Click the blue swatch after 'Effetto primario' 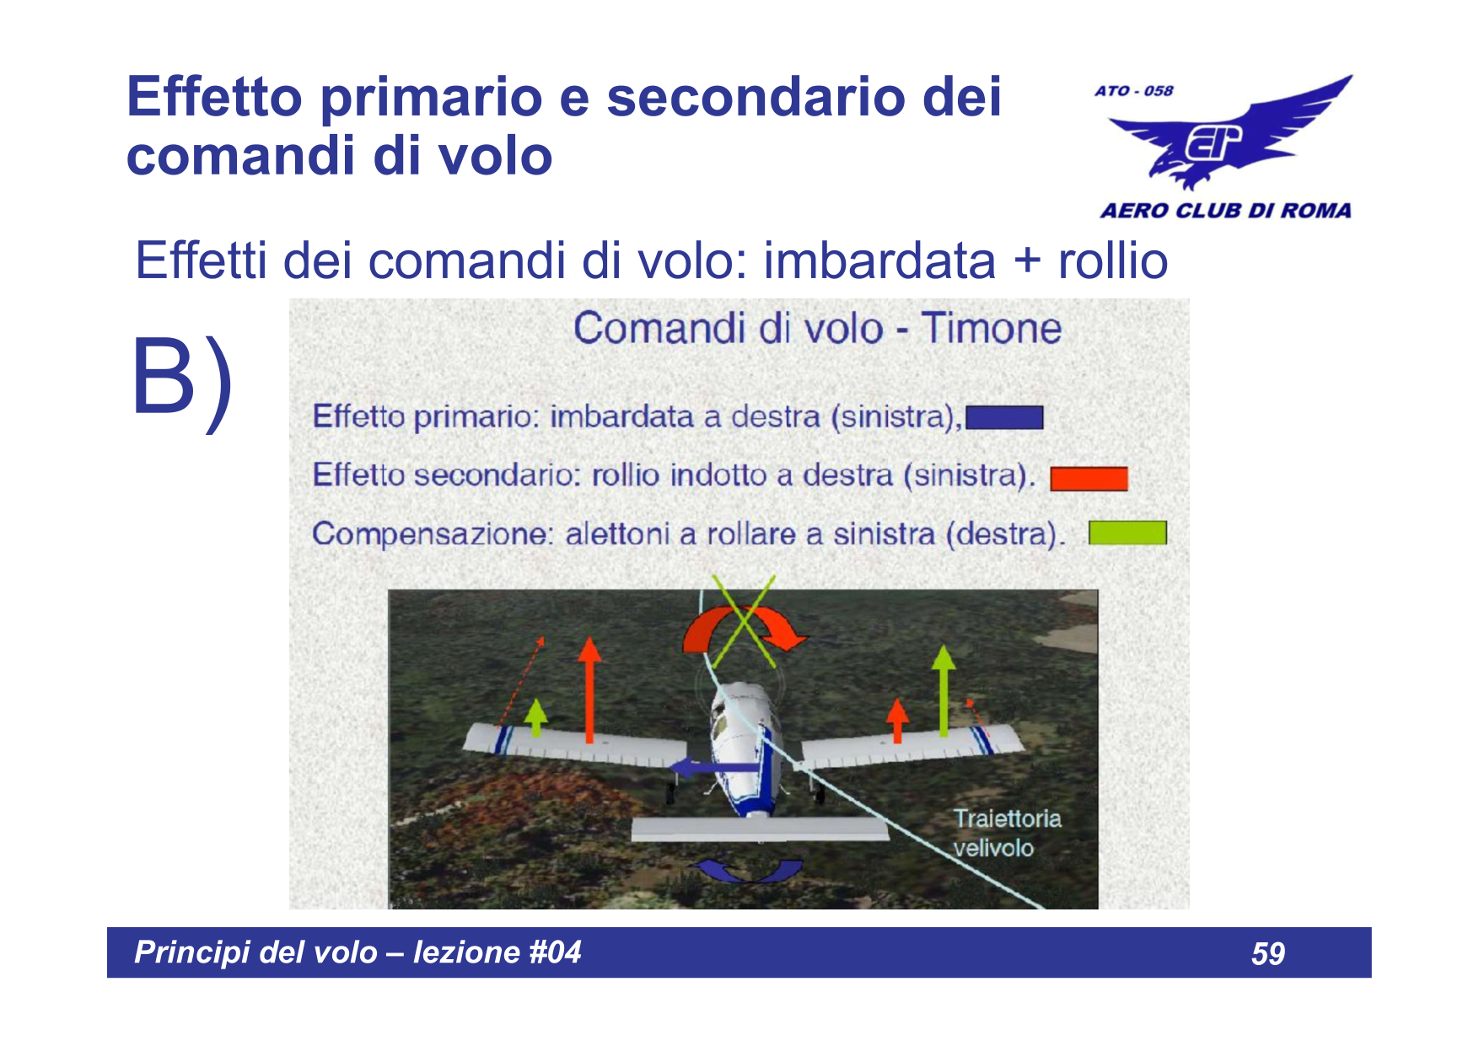point(1004,418)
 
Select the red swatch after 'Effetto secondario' point(1089,479)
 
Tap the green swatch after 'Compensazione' point(1127,533)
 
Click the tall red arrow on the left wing point(589,689)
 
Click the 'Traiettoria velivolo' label point(1007,833)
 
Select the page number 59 point(1268,953)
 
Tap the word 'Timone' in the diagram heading point(991,328)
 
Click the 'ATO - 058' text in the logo point(1134,90)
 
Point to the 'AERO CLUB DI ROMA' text point(1225,210)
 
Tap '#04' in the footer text point(555,952)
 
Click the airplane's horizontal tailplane point(760,829)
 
